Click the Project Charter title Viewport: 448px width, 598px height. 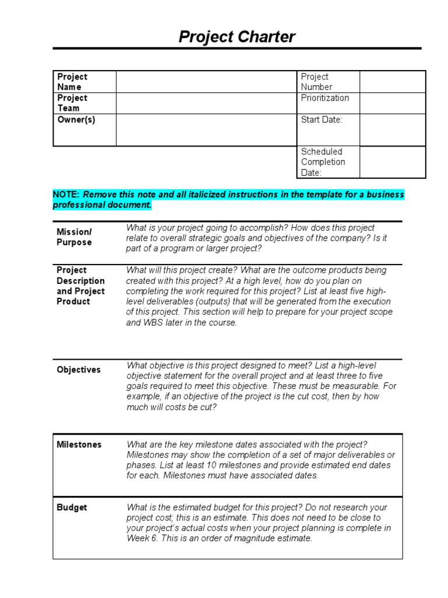(x=237, y=37)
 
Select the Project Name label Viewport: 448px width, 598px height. (x=72, y=82)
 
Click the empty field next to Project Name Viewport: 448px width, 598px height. (x=206, y=82)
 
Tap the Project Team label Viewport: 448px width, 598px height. (x=72, y=103)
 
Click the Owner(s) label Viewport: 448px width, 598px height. (x=76, y=120)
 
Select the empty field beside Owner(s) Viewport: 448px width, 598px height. (x=206, y=130)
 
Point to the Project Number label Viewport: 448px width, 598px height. (x=316, y=82)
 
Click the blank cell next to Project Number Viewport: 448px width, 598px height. (x=392, y=82)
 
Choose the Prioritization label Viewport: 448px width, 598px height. (x=325, y=98)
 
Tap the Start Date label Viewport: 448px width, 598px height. (x=321, y=120)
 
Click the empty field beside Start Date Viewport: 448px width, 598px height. (x=392, y=130)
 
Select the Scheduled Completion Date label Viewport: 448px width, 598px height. (x=323, y=162)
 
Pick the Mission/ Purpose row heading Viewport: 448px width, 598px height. (x=74, y=237)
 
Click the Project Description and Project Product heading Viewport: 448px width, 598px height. (x=80, y=286)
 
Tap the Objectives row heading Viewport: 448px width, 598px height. (x=78, y=370)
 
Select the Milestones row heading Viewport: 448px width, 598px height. (x=79, y=444)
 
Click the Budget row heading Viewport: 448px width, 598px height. (x=72, y=507)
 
